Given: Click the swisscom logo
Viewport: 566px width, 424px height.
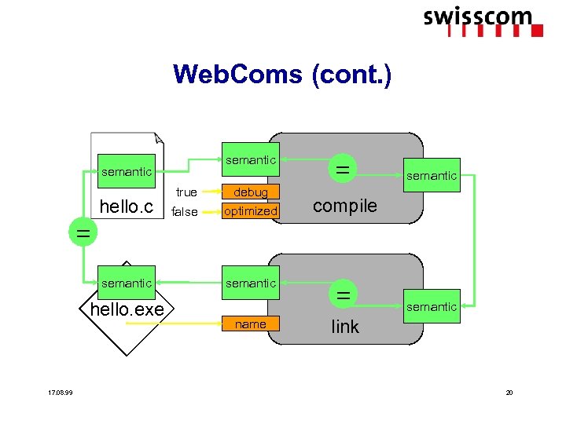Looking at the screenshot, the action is (483, 22).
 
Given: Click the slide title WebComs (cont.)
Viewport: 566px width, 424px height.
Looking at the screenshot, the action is (282, 75).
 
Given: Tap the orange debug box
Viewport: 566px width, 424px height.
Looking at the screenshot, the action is (251, 192).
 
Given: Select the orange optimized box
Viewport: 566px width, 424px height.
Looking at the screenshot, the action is (251, 211).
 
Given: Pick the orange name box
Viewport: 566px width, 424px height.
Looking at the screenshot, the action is (251, 323).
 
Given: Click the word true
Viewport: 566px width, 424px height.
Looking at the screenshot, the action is (186, 192).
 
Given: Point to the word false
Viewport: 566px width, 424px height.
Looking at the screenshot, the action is (185, 212).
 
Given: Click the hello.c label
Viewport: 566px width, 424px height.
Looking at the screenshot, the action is (127, 207).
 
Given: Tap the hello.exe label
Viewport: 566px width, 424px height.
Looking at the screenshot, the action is (127, 309).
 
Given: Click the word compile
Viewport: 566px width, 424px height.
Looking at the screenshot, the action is (345, 207).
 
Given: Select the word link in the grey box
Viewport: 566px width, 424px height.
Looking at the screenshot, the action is (345, 327).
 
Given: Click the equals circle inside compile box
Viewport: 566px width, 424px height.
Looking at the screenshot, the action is (343, 169).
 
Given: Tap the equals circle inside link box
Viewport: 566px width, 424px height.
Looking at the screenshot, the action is (344, 294).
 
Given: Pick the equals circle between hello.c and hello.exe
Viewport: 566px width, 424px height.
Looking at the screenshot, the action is (83, 232).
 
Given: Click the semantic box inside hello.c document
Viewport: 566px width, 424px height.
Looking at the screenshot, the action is (127, 171).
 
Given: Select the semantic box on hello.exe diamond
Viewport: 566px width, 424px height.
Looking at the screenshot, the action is (127, 283).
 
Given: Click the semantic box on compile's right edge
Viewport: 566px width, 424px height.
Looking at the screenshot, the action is (432, 175).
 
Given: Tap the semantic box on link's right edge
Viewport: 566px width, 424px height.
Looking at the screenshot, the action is (432, 306).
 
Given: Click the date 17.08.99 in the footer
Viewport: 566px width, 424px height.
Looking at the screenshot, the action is (61, 393).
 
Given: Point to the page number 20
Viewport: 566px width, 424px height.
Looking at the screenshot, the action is (509, 393).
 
